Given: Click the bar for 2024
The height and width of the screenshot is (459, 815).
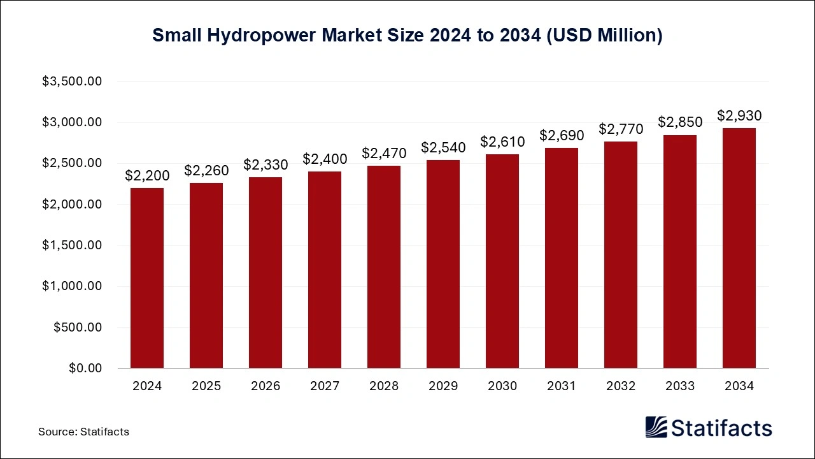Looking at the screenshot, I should pyautogui.click(x=146, y=278).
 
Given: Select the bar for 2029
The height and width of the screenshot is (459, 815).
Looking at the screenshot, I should pyautogui.click(x=443, y=264).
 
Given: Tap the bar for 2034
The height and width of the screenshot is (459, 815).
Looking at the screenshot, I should pyautogui.click(x=739, y=248).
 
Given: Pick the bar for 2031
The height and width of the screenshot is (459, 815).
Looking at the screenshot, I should pyautogui.click(x=561, y=258).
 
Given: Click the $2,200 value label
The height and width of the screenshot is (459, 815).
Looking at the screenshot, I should pyautogui.click(x=146, y=175).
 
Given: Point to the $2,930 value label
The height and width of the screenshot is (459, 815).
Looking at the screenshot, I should pyautogui.click(x=739, y=115).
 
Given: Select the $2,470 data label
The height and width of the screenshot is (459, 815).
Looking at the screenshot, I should pyautogui.click(x=383, y=153).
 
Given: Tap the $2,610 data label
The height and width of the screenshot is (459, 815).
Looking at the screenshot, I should pyautogui.click(x=502, y=142).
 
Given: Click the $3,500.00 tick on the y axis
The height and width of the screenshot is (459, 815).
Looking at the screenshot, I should pyautogui.click(x=72, y=82).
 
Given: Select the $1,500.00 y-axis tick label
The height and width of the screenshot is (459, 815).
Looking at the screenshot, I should pyautogui.click(x=72, y=245).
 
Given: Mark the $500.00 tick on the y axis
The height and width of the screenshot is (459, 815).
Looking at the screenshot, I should pyautogui.click(x=78, y=328).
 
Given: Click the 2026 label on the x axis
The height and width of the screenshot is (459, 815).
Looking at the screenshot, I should pyautogui.click(x=265, y=386).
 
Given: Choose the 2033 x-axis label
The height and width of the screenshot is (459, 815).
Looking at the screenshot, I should pyautogui.click(x=679, y=386).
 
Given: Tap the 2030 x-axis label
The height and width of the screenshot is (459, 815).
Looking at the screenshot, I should pyautogui.click(x=502, y=386).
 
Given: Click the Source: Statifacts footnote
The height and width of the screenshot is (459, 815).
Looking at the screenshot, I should pyautogui.click(x=83, y=432).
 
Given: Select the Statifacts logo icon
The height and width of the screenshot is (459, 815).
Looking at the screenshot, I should pyautogui.click(x=656, y=428).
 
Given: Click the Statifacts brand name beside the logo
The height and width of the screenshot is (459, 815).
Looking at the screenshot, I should pyautogui.click(x=722, y=428).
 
